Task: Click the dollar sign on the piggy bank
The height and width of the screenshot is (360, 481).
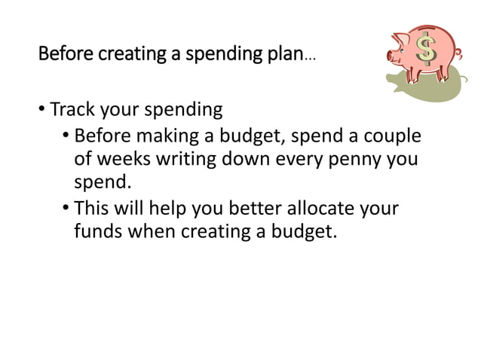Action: point(427,50)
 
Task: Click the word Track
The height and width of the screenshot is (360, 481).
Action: point(73,110)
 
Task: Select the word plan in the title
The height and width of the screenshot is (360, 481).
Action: point(284,55)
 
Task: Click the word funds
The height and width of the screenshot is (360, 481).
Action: point(99,230)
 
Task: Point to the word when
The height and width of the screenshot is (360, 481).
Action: point(152,230)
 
